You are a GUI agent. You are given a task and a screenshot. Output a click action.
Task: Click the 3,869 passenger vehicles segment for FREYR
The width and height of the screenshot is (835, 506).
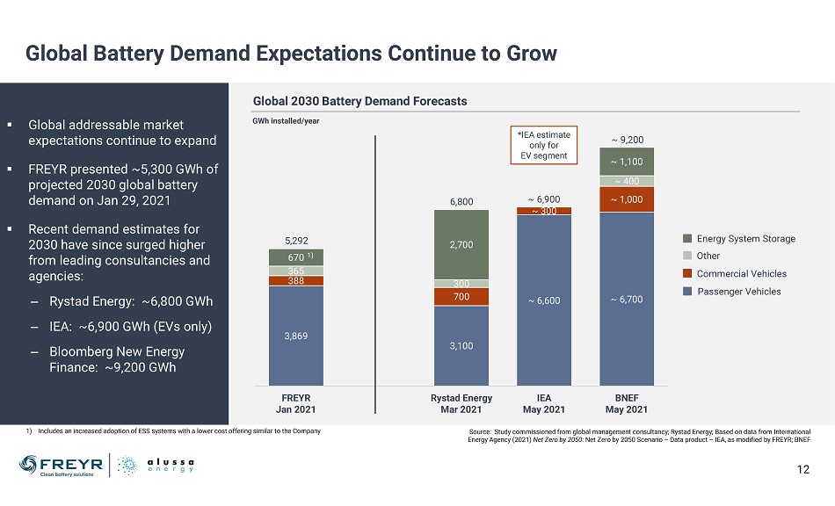pos(296,336)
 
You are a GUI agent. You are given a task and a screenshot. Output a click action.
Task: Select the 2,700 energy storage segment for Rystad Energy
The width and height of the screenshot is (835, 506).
pos(461,244)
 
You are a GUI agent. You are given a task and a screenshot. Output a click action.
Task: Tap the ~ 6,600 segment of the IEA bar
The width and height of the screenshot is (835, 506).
pos(544,300)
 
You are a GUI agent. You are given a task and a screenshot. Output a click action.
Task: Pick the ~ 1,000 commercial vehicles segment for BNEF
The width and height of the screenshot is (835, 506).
pos(627,199)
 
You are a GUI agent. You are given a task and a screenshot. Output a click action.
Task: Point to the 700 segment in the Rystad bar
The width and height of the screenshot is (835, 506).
pos(461,297)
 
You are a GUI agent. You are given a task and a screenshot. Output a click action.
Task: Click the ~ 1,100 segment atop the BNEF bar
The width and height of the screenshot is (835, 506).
pos(627,162)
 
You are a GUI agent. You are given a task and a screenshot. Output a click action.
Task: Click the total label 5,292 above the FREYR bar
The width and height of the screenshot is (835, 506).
pos(296,238)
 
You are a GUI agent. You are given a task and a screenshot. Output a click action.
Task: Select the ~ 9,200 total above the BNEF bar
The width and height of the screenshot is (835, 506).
pos(627,139)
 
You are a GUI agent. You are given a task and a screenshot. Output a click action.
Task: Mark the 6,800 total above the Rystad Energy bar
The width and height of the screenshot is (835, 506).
pos(461,201)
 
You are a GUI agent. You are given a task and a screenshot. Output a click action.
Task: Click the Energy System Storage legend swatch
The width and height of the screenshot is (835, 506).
pos(688,238)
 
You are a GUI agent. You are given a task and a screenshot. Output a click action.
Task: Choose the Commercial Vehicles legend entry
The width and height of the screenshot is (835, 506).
pos(739,273)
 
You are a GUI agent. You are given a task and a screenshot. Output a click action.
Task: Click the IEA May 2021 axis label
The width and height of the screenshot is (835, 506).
pos(544,404)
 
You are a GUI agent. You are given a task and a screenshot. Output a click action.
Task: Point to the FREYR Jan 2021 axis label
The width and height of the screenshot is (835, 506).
pos(296,404)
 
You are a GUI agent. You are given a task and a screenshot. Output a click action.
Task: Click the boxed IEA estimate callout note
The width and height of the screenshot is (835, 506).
pos(543,145)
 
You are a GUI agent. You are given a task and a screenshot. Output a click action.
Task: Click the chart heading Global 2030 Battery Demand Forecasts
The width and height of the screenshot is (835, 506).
pos(359,101)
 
